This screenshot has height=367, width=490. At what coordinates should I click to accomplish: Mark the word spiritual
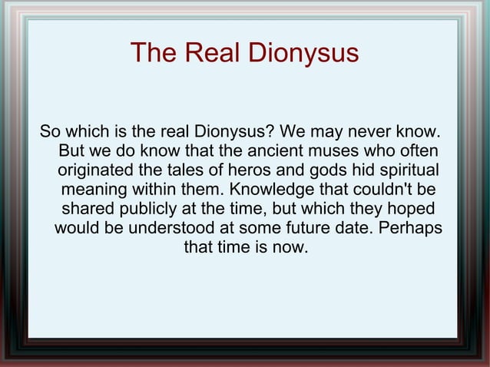point(402,168)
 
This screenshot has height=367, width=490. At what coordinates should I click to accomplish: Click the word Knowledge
point(263,188)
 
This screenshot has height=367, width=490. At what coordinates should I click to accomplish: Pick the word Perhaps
point(412,229)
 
